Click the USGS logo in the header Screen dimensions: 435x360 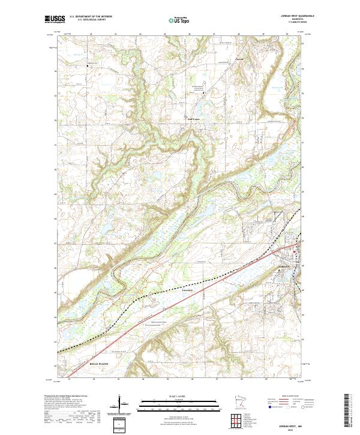click(53, 19)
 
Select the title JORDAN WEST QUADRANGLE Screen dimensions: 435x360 click(298, 16)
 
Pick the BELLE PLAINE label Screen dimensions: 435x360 click(83, 364)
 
